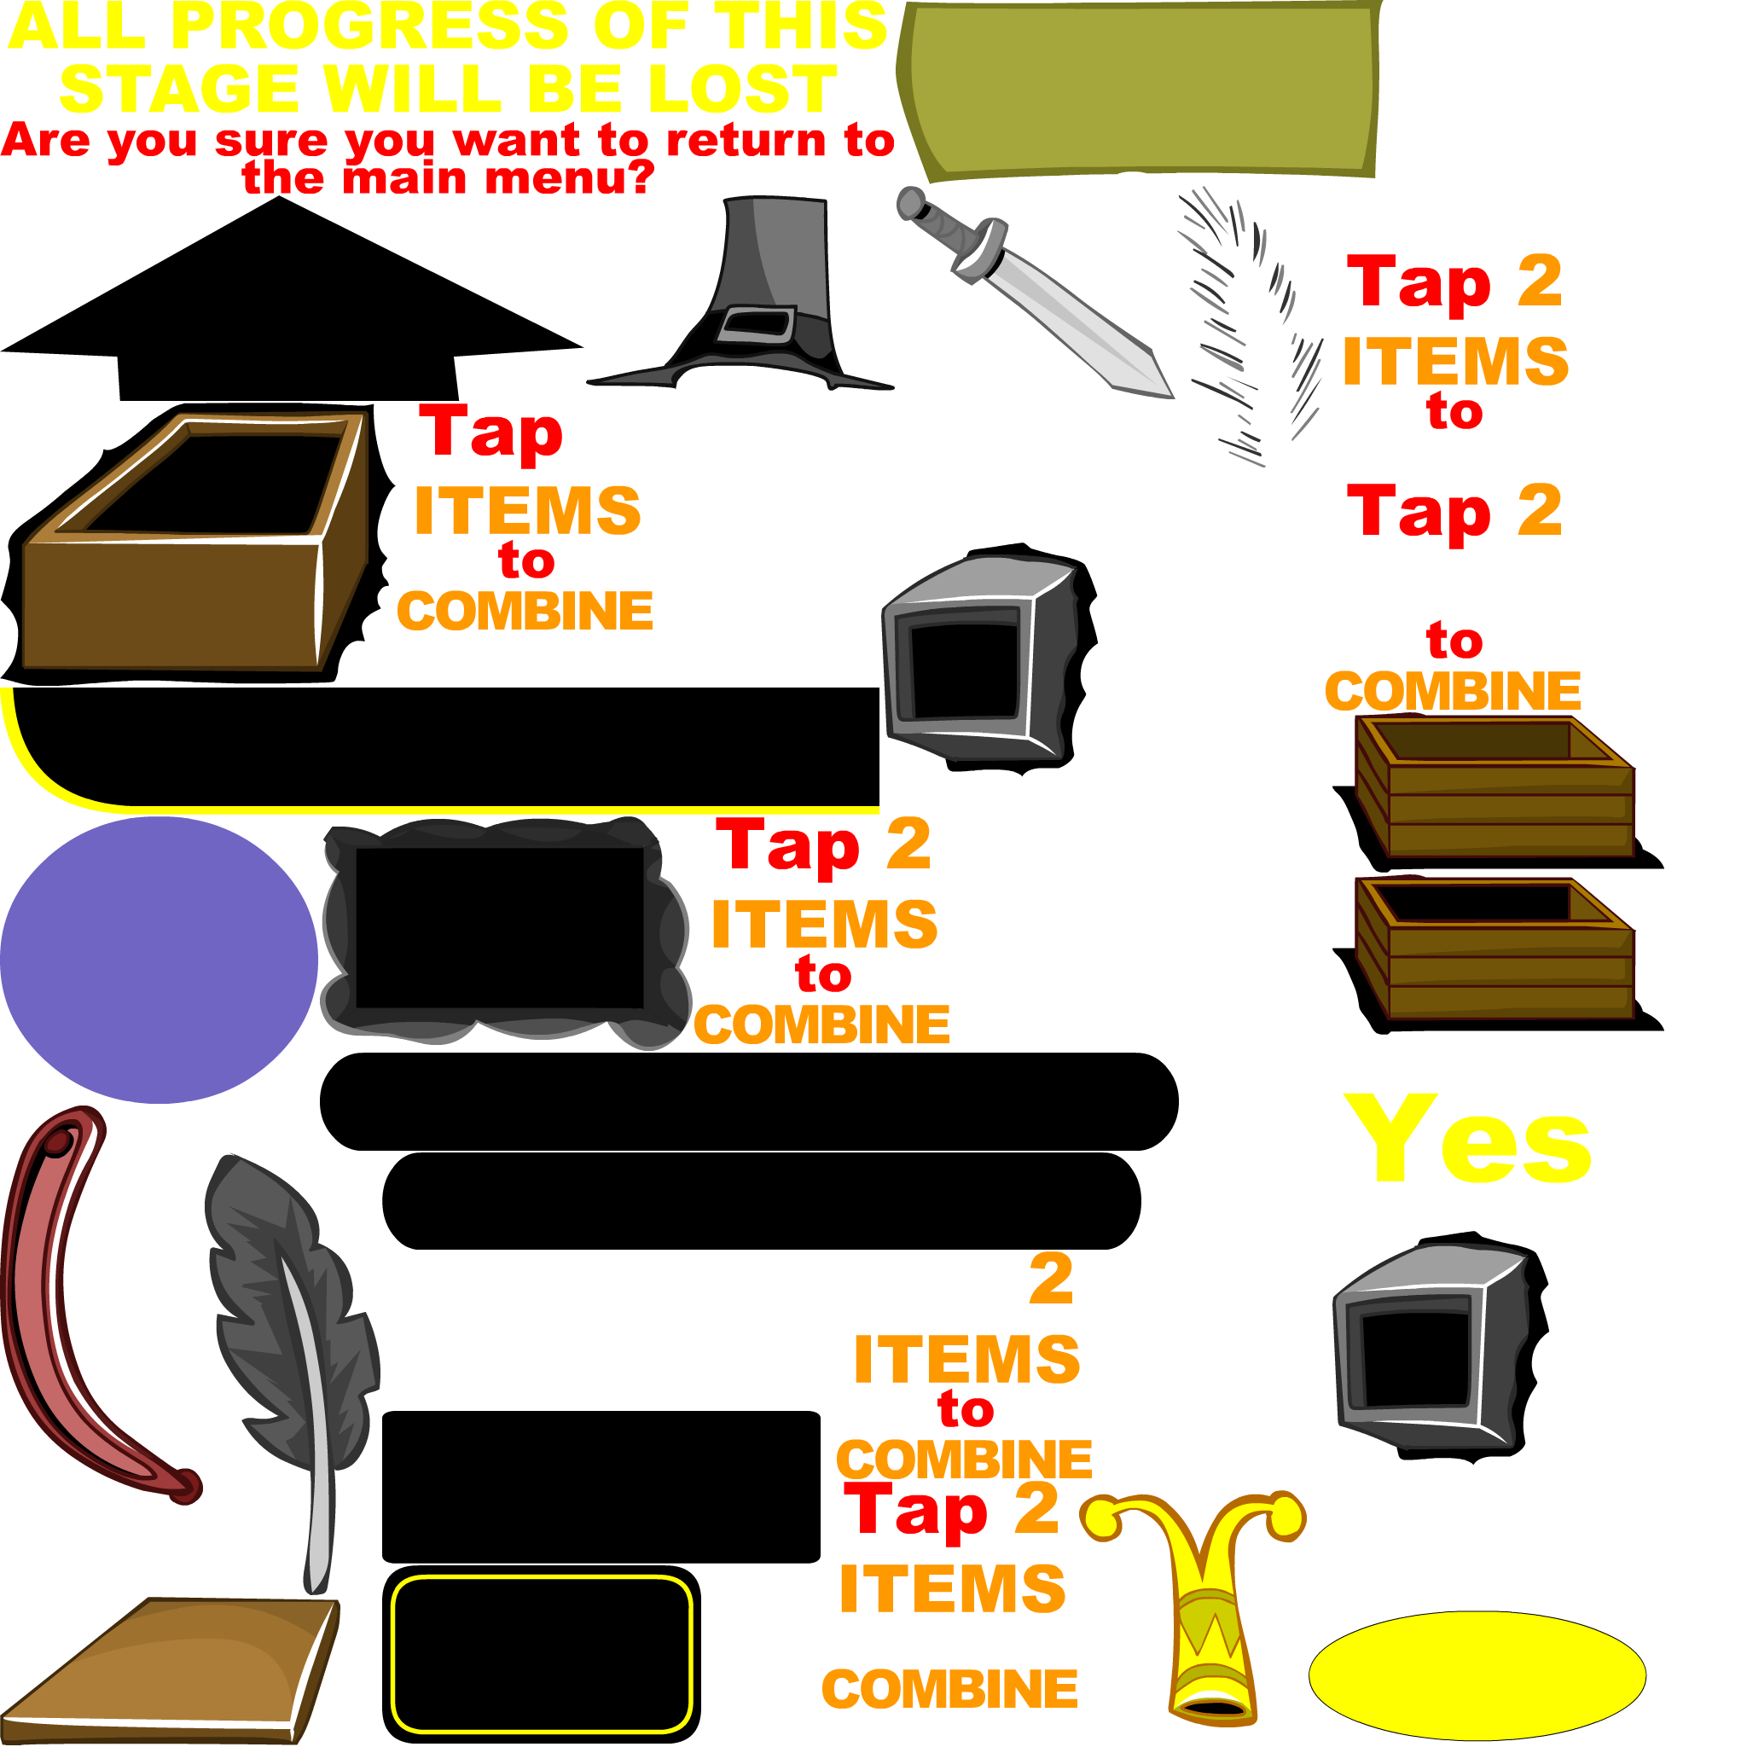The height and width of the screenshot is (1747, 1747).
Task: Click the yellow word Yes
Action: [1466, 1140]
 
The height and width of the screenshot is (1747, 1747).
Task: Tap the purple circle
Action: [160, 960]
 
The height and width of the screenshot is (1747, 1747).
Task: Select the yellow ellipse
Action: [1477, 1675]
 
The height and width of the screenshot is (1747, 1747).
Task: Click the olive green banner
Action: [1140, 89]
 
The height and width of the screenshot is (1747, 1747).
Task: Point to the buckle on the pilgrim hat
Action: [756, 323]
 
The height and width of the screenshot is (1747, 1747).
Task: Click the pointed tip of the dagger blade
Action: [1172, 397]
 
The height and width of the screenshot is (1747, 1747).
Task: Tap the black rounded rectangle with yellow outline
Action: [542, 1654]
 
